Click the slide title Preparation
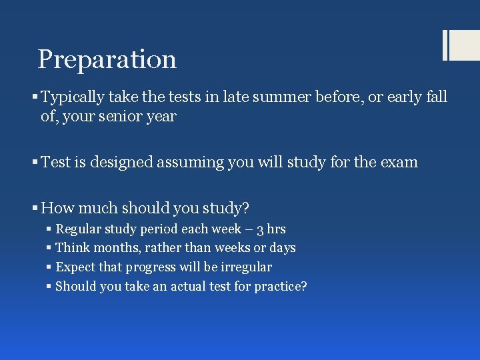pos(107,59)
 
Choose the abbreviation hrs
pos(275,229)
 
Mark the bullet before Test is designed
pos(35,163)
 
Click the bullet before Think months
pos(49,249)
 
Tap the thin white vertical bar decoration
pos(445,45)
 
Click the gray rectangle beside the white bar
pos(465,45)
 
